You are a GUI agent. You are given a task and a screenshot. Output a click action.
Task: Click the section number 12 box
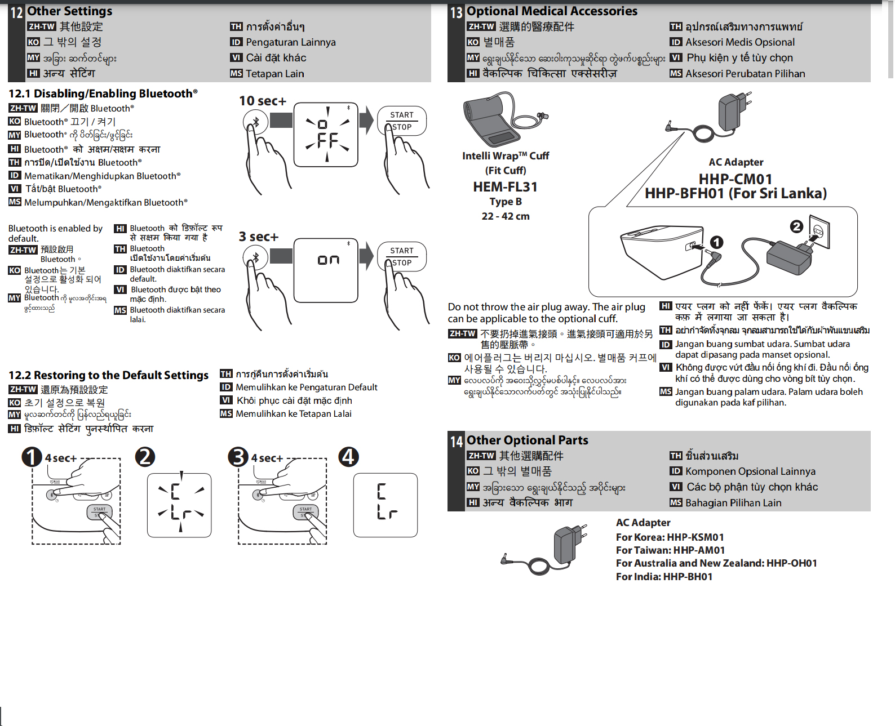coord(17,12)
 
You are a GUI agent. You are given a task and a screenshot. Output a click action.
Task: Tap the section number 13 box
coord(456,12)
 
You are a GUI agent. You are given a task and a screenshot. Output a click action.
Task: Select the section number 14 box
coord(456,442)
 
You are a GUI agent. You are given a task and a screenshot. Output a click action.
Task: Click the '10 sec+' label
coord(262,101)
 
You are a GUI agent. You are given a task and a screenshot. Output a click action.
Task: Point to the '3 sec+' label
coord(258,237)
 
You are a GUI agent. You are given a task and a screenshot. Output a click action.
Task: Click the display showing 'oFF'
coord(326,135)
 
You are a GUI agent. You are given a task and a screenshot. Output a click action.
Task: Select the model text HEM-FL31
coord(505,187)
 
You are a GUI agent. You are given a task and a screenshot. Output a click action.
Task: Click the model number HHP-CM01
coord(735,179)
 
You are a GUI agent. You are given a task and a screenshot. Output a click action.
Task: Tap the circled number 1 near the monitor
coord(716,242)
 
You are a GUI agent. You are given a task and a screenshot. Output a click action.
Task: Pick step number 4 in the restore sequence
coord(348,457)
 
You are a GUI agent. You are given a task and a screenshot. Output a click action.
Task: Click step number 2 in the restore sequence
coord(145,457)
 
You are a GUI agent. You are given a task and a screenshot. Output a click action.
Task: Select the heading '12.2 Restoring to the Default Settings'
coord(108,375)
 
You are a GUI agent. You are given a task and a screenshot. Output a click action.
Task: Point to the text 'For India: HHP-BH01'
coord(664,577)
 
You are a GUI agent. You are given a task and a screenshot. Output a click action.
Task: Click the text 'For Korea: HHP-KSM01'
coord(670,537)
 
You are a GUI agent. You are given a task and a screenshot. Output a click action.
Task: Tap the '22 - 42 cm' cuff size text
coord(505,216)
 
